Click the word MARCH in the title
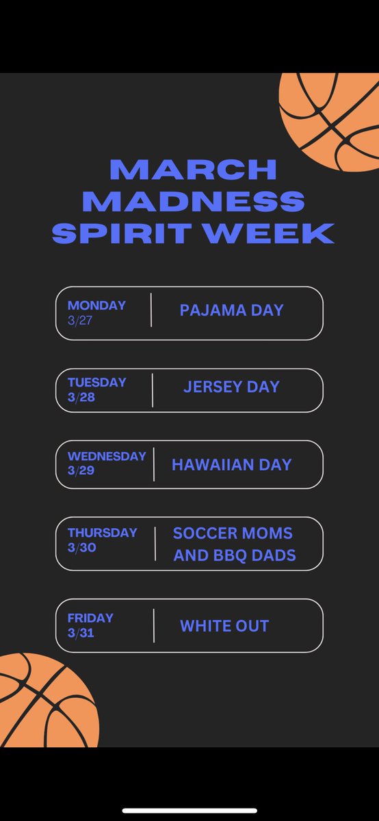tap(193, 169)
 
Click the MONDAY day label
tap(96, 305)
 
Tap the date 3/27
tap(79, 320)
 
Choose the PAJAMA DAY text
tap(231, 311)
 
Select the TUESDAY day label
tap(96, 382)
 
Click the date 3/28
tap(81, 397)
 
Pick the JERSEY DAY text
tap(231, 387)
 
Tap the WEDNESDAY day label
tap(107, 456)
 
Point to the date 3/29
tap(81, 471)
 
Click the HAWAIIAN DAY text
tap(231, 465)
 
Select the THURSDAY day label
tap(102, 532)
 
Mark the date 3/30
tap(81, 547)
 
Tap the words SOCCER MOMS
tap(233, 534)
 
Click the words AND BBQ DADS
tap(235, 555)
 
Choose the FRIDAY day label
tap(90, 618)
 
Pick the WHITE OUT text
tap(224, 626)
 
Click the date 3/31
tap(81, 633)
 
